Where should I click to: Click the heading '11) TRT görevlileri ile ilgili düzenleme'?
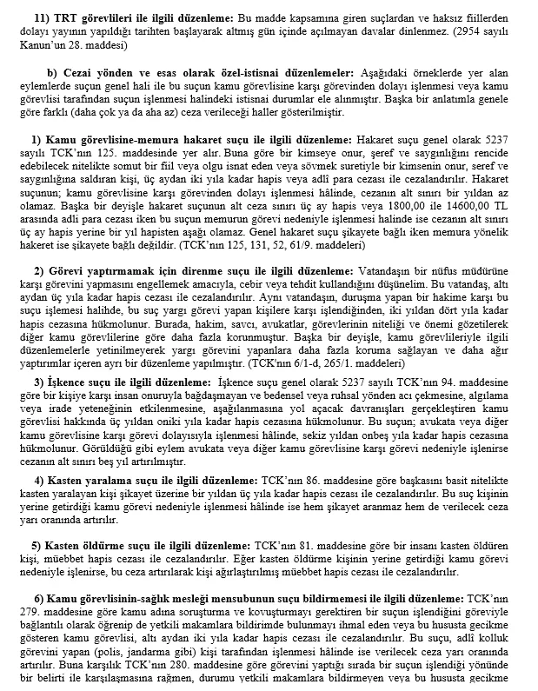131,17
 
